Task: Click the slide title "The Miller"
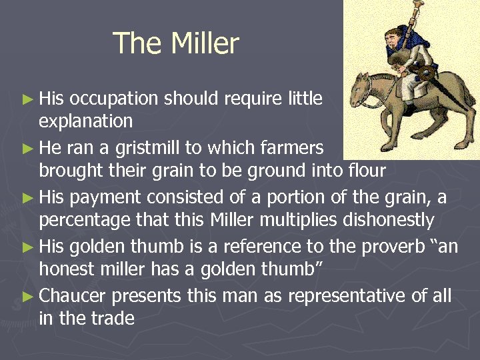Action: pos(176,44)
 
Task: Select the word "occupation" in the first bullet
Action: pos(113,99)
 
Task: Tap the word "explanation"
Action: pos(86,121)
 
